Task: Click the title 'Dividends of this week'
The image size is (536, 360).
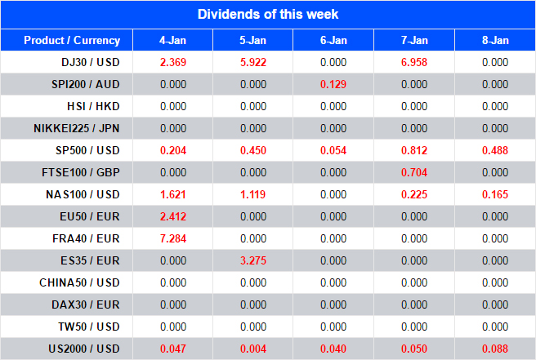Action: (268, 15)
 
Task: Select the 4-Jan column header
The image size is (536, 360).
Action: (172, 40)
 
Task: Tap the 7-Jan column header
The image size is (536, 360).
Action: (414, 40)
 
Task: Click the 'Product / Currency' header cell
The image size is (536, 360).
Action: (72, 40)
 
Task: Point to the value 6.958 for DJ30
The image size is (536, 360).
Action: (414, 62)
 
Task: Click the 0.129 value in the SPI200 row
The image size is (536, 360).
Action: (333, 84)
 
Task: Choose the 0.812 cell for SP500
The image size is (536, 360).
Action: (414, 150)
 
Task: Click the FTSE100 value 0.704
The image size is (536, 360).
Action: (414, 172)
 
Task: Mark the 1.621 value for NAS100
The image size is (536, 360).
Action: (172, 194)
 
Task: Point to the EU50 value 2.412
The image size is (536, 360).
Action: (172, 216)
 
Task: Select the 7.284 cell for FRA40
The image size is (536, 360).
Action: (172, 238)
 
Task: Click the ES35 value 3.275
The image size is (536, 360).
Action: (252, 260)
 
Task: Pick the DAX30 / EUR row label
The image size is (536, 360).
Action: (83, 304)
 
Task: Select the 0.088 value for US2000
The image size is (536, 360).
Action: (494, 349)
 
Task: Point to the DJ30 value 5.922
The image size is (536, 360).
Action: (252, 62)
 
